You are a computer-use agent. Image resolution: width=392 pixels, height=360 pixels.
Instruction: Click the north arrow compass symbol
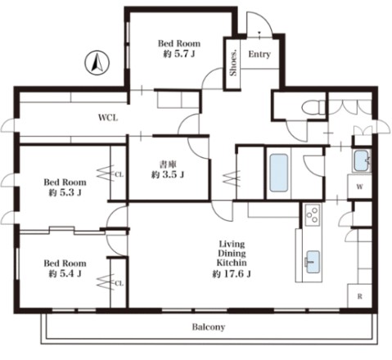point(97,63)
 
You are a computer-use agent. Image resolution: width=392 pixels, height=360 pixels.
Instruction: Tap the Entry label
point(259,54)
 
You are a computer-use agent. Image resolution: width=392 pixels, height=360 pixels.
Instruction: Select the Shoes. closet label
point(233,63)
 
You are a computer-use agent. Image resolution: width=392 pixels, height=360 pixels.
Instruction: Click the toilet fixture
point(314,107)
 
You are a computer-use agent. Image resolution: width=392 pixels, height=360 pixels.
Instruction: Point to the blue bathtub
point(279,173)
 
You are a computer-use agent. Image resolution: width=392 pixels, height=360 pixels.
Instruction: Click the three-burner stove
point(313,214)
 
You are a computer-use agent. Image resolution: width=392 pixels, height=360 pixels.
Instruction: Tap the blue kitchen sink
point(313,262)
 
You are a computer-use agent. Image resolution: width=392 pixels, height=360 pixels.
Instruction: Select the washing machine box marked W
point(360,187)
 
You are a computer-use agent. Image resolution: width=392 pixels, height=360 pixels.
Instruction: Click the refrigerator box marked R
point(360,296)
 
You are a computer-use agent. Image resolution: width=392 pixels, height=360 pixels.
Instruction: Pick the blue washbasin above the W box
point(362,160)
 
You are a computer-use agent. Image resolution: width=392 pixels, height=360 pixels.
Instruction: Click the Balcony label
point(209,326)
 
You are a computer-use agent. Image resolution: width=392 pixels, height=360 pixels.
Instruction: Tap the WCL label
point(108,118)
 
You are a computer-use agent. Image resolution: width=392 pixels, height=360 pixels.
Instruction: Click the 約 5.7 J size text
point(179,54)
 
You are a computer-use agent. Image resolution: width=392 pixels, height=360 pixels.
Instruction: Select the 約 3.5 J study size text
point(168,174)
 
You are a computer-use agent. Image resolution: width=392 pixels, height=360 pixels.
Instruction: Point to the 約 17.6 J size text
point(232,273)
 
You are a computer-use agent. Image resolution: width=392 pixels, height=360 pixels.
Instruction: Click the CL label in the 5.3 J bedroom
point(119,174)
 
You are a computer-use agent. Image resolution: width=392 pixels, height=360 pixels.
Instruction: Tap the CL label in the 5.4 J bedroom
point(119,283)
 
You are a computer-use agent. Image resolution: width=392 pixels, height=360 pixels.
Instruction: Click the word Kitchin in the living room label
point(232,263)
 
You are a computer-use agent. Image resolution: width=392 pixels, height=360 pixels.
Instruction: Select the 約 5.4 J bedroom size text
point(65,273)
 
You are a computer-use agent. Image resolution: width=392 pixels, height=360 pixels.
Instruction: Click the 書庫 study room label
point(168,164)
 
